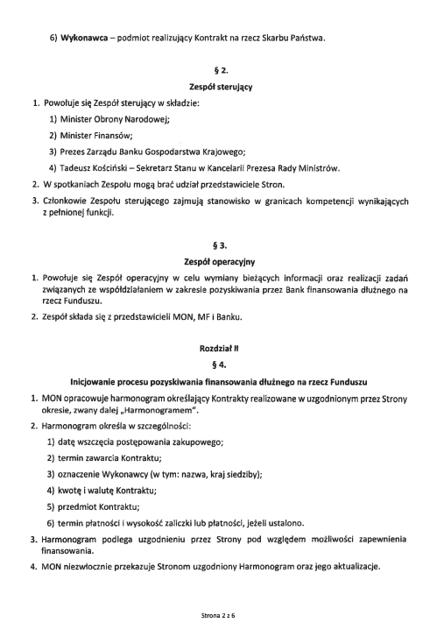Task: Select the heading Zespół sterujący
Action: click(215, 87)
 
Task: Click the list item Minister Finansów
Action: click(96, 135)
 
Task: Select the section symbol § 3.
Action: click(215, 246)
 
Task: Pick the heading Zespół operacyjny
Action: click(215, 261)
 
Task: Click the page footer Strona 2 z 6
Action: click(215, 616)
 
